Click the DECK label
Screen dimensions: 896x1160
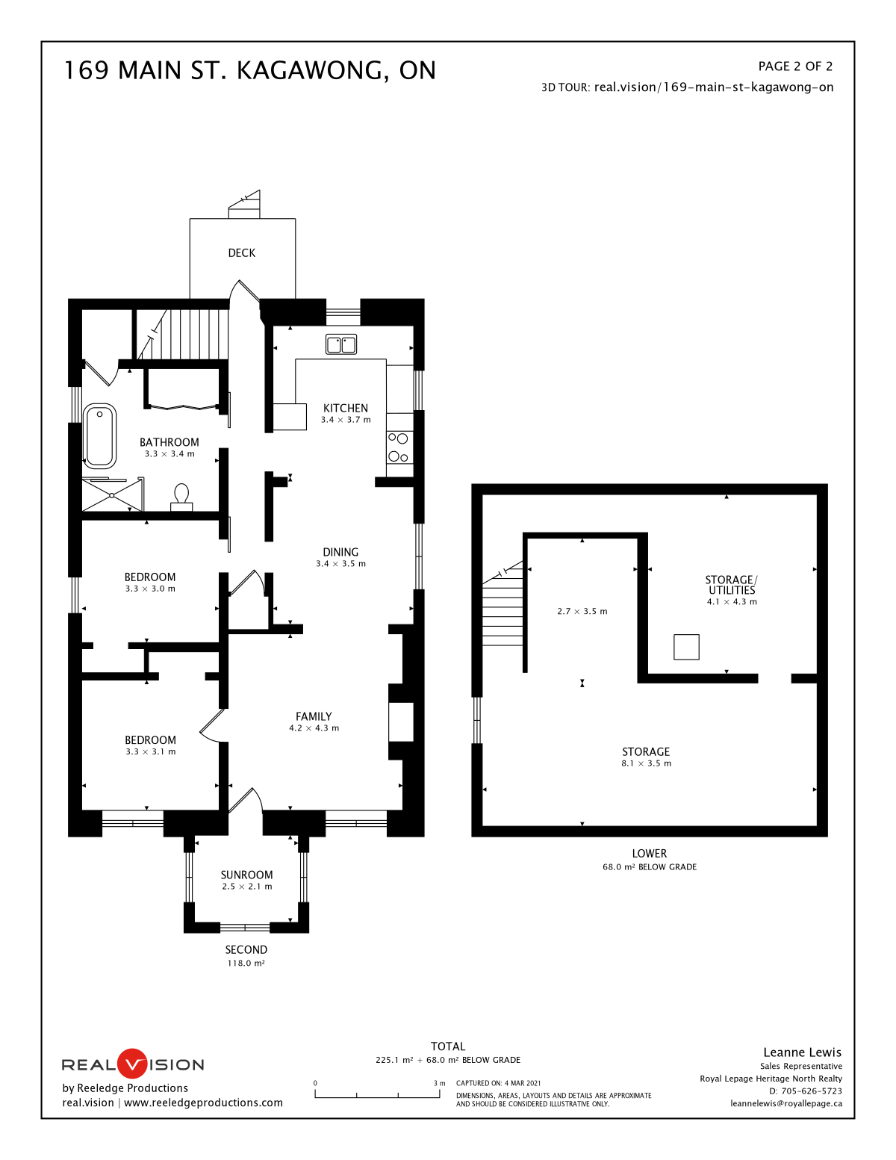tap(241, 253)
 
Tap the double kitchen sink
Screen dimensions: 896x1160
tap(341, 345)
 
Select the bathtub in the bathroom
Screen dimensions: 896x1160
tap(99, 435)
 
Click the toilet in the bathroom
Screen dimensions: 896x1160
tap(181, 497)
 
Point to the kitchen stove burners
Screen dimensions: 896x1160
tap(398, 447)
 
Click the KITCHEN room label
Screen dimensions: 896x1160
tap(345, 408)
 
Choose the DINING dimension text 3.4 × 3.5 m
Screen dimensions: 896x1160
tap(340, 564)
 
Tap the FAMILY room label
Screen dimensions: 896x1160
tap(314, 716)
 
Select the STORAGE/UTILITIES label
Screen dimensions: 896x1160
tap(731, 585)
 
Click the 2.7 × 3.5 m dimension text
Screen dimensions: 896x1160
tap(582, 611)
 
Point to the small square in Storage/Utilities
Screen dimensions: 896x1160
tap(686, 647)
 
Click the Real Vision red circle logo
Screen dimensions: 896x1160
tap(131, 1064)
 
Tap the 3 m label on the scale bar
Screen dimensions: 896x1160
tap(439, 1083)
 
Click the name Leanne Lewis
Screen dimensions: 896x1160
tap(802, 1052)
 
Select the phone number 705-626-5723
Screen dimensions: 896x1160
tap(812, 1091)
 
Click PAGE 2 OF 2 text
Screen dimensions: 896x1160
tap(795, 66)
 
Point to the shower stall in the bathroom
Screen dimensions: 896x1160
tap(112, 495)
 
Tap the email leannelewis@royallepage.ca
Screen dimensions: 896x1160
tap(786, 1103)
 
